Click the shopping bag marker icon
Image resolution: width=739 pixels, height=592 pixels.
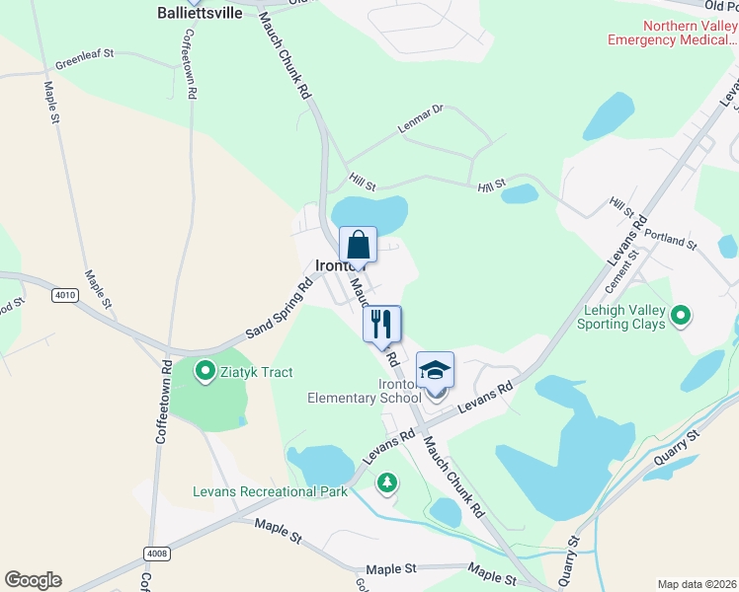pos(358,245)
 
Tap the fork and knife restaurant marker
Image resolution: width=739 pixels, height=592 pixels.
pos(381,323)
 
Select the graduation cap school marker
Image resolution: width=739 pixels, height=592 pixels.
pos(435,370)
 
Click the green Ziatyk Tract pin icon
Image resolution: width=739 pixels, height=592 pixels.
pos(205,371)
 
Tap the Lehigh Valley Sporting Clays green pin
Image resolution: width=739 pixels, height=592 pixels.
pos(680,316)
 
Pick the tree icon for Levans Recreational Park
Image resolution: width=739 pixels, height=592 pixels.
pos(387,482)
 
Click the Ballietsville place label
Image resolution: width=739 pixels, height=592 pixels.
pos(200,14)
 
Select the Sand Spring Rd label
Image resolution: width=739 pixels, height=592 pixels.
pos(279,308)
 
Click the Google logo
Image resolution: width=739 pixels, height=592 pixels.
pos(33,580)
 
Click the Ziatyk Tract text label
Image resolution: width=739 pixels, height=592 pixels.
pos(258,371)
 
